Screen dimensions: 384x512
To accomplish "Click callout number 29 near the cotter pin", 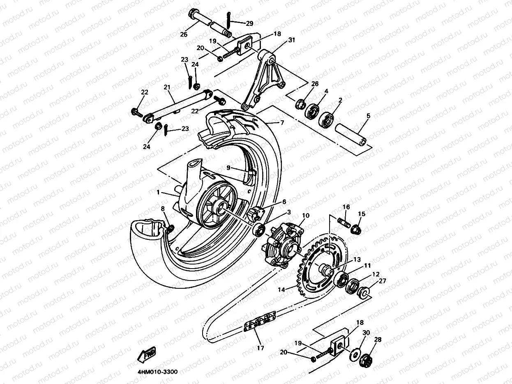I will [x=250, y=23].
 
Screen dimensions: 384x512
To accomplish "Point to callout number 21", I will [x=167, y=87].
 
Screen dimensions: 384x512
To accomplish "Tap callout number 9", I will [x=229, y=168].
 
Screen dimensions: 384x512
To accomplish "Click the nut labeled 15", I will [x=357, y=228].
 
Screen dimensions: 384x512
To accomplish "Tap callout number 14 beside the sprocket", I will [x=281, y=289].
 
